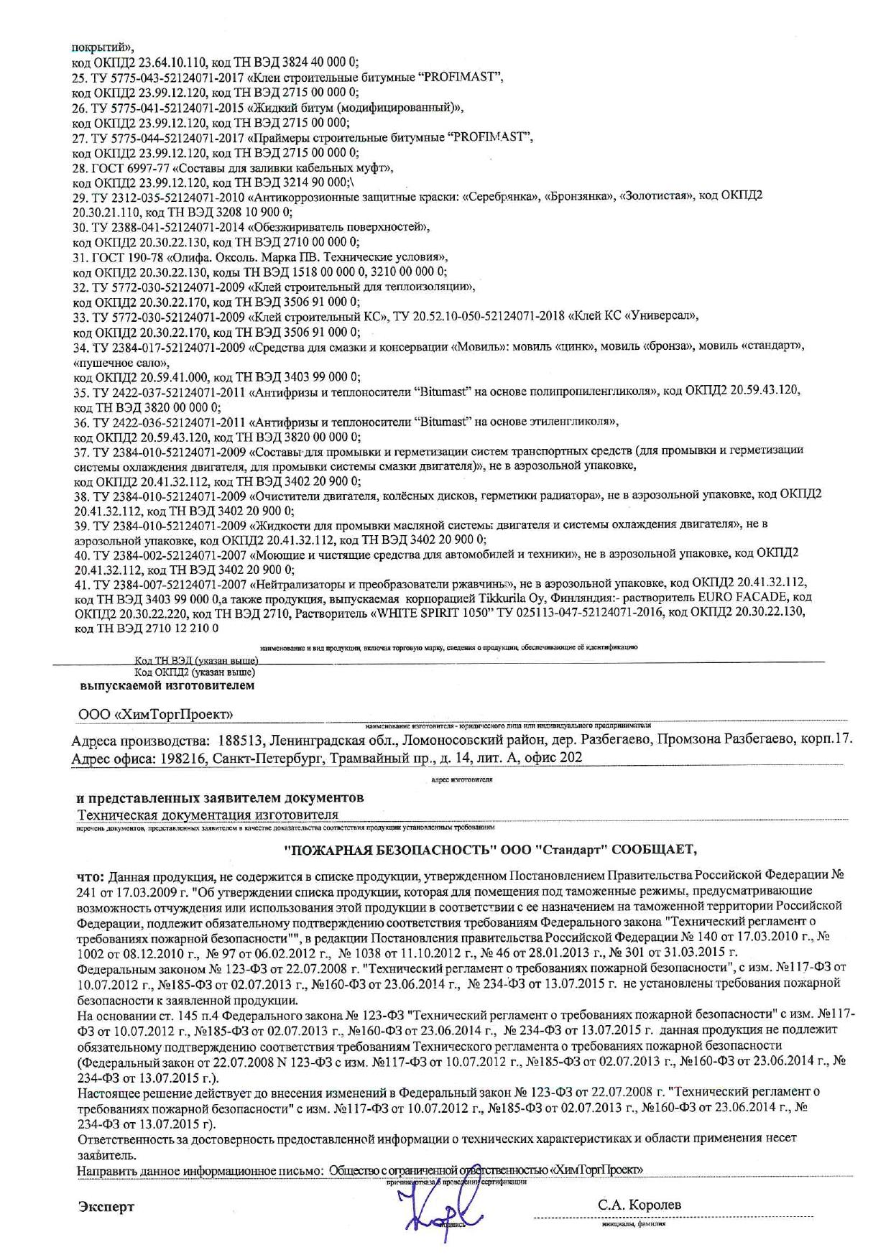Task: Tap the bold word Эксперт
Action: coord(106,1206)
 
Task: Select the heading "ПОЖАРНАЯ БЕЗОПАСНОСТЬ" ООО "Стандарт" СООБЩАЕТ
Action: coord(491,848)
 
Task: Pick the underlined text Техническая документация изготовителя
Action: coord(208,815)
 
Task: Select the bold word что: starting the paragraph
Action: coord(91,876)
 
